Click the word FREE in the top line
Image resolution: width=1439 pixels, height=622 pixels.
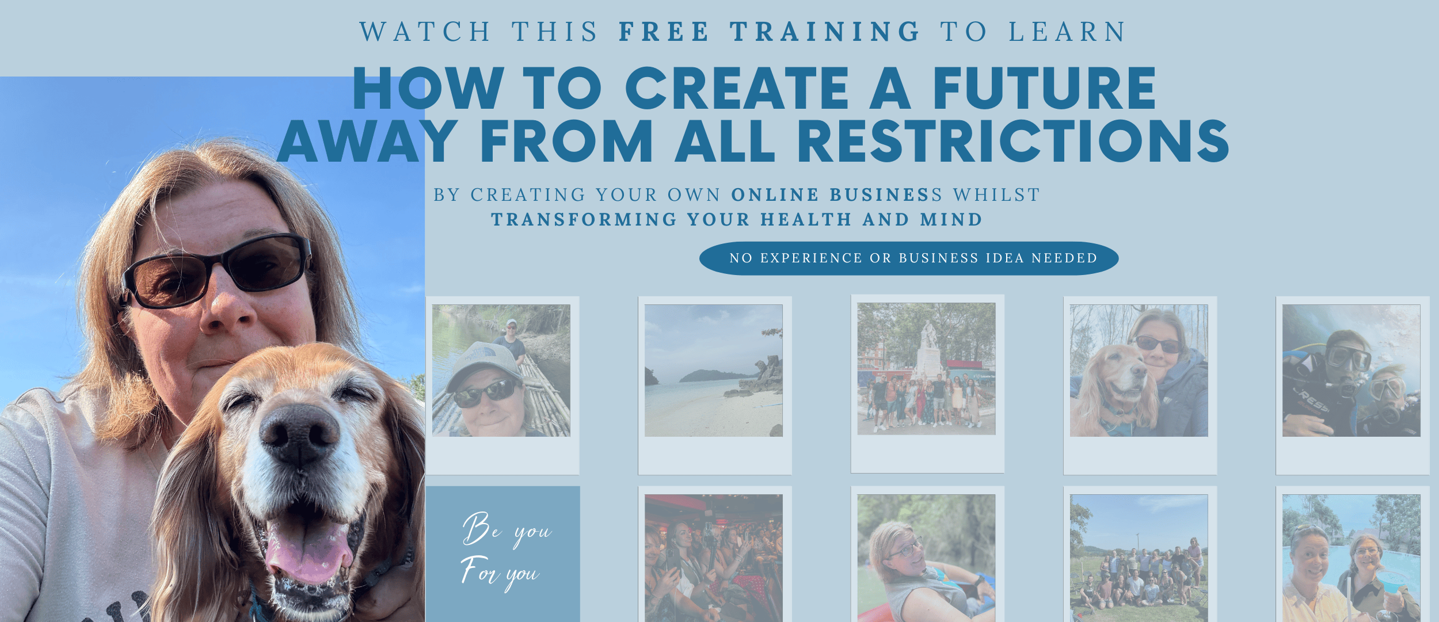click(x=664, y=32)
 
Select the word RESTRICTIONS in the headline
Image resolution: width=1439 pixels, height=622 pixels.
click(x=1013, y=141)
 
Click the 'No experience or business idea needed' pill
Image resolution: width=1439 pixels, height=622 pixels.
click(x=909, y=258)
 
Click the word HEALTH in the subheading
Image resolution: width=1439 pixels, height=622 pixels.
click(x=806, y=220)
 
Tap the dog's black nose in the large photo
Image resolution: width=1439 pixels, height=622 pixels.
click(x=299, y=432)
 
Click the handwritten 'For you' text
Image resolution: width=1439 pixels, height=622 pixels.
click(x=500, y=573)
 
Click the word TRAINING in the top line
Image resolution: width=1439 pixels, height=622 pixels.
click(x=825, y=32)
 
